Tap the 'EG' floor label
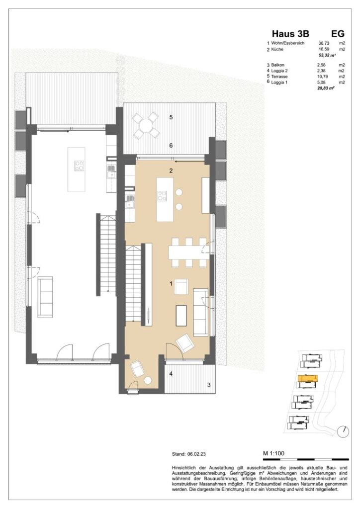[x=338, y=34]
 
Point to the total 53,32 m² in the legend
[x=326, y=56]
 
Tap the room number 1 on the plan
[x=171, y=284]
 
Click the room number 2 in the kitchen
[x=171, y=170]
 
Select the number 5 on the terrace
[x=171, y=117]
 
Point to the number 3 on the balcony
[x=208, y=384]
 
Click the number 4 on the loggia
[x=171, y=373]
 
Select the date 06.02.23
[x=199, y=454]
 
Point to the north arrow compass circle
[x=342, y=431]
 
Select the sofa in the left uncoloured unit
[x=47, y=296]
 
